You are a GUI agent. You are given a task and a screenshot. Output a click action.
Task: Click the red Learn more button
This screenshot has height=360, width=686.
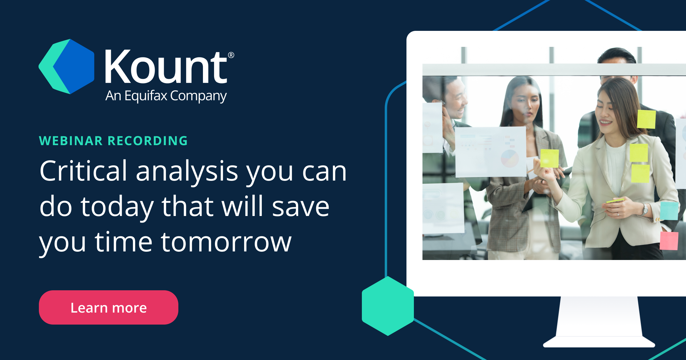coord(108,307)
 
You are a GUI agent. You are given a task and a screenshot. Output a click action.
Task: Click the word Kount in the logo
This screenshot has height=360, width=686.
coord(166,67)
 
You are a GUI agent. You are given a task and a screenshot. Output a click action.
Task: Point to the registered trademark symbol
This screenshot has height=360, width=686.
coord(231,55)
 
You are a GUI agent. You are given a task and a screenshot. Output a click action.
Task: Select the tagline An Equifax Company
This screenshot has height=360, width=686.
coord(166,96)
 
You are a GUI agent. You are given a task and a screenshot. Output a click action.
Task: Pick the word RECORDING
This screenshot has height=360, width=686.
coord(147,141)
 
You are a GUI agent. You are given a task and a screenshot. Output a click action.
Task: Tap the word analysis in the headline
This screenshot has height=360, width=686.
coord(187,171)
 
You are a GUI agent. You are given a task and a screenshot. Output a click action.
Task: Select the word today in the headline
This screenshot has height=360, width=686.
coord(117,207)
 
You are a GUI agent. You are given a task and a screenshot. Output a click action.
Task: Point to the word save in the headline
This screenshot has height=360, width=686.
coord(301,207)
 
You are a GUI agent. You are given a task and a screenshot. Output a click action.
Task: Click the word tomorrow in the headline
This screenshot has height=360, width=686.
coord(226,242)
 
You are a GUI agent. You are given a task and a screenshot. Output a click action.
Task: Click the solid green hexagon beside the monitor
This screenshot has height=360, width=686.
coord(388,306)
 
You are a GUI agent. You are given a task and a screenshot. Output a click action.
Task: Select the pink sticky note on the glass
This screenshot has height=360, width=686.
coord(669,241)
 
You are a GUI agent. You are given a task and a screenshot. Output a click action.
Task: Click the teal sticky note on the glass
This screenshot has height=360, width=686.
coord(669,211)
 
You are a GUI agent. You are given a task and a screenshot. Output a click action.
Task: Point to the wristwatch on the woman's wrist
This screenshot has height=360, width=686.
coord(645,209)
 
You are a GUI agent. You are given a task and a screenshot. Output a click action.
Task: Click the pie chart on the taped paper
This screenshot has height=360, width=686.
coord(510,158)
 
